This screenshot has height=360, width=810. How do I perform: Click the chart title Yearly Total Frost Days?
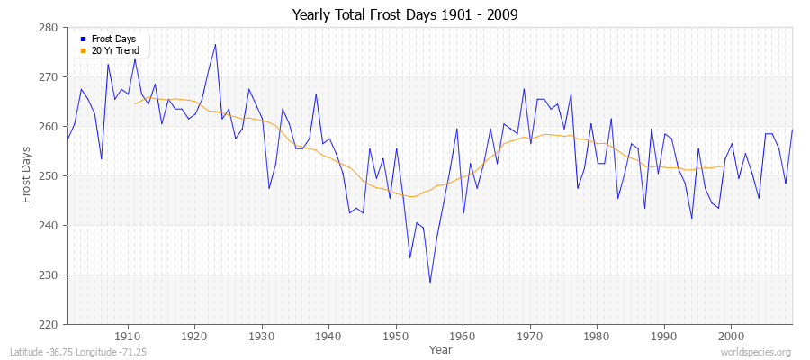pyautogui.click(x=405, y=14)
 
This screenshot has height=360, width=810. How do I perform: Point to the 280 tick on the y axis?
pyautogui.click(x=49, y=28)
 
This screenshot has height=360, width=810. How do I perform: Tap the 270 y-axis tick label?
pyautogui.click(x=49, y=77)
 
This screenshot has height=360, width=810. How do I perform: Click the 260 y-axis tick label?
pyautogui.click(x=49, y=127)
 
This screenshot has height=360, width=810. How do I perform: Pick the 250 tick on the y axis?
pyautogui.click(x=49, y=176)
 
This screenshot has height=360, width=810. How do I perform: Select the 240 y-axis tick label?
pyautogui.click(x=49, y=226)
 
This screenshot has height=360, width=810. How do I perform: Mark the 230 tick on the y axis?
pyautogui.click(x=49, y=275)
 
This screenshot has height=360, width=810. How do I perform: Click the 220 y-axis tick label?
pyautogui.click(x=49, y=325)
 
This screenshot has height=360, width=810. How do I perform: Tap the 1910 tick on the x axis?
pyautogui.click(x=128, y=335)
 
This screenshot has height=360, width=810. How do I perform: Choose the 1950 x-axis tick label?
pyautogui.click(x=396, y=335)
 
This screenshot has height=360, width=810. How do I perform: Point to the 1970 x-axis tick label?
pyautogui.click(x=530, y=335)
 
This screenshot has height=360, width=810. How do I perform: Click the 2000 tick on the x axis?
pyautogui.click(x=731, y=335)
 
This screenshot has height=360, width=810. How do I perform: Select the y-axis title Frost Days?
pyautogui.click(x=26, y=176)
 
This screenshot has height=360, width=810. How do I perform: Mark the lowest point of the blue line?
pyautogui.click(x=430, y=282)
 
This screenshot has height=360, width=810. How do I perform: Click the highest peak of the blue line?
pyautogui.click(x=215, y=44)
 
